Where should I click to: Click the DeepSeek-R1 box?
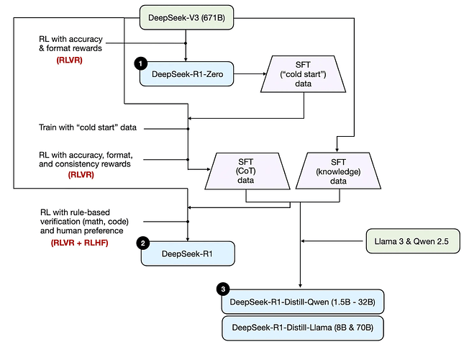186,253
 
